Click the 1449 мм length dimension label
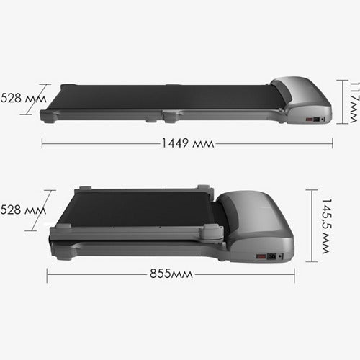coord(188,143)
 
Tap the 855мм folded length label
coord(171,274)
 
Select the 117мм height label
coord(355,102)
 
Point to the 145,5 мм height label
coord(326,226)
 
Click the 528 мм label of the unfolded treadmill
coord(23,98)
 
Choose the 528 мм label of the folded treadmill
coord(23,210)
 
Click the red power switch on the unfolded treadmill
coord(309,120)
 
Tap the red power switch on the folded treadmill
coord(261,256)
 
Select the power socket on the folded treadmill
coord(272,256)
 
